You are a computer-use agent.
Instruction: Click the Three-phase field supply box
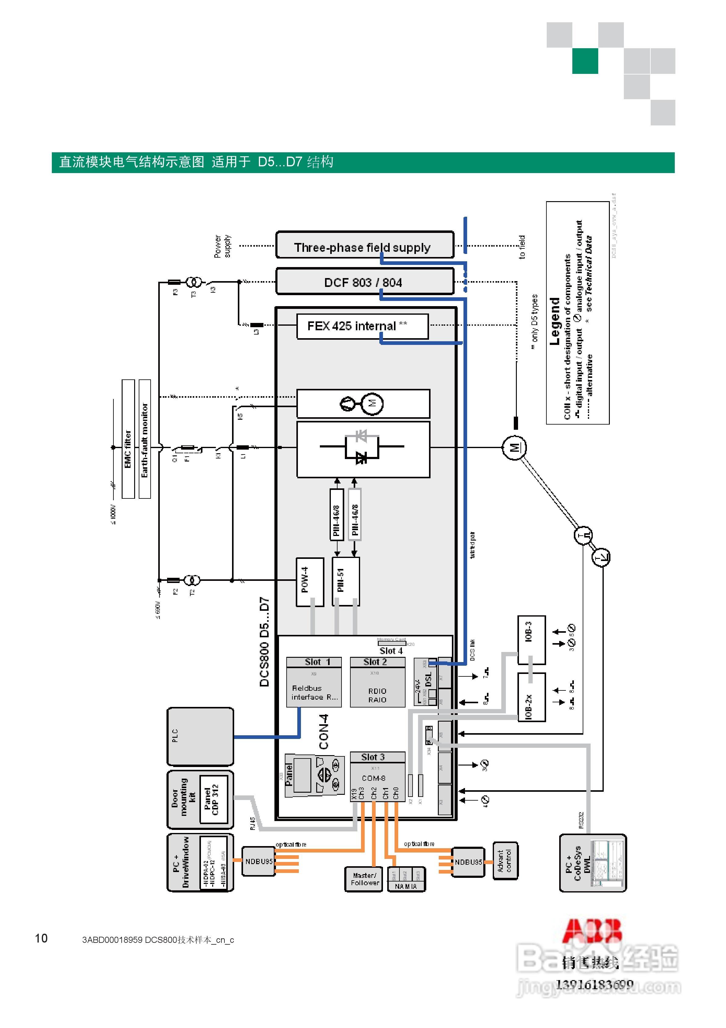point(365,245)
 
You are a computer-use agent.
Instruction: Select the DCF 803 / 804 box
point(365,282)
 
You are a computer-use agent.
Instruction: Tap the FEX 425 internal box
point(362,326)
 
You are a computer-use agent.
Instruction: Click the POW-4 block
point(309,582)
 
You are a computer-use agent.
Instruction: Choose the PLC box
point(200,737)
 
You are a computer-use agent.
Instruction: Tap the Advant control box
point(505,860)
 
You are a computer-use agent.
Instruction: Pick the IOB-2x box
point(531,697)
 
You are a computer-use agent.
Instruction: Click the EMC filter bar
point(128,439)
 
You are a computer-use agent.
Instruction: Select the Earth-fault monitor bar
point(145,439)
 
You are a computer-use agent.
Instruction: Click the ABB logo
point(592,930)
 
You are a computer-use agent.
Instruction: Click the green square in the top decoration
point(585,61)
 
